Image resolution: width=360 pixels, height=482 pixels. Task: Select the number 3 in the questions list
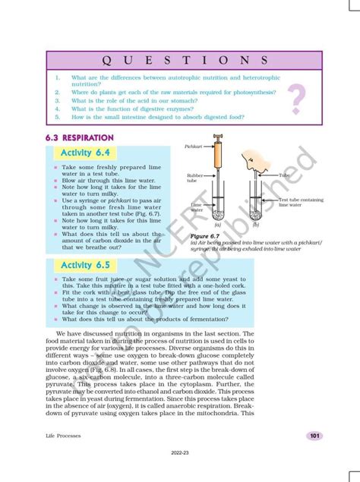(x=57, y=100)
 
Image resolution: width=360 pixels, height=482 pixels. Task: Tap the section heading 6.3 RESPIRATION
(x=80, y=138)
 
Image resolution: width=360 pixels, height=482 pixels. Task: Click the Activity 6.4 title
(x=86, y=153)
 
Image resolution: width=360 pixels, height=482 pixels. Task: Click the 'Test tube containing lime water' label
(x=301, y=202)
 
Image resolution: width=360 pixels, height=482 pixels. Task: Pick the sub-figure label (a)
(x=216, y=225)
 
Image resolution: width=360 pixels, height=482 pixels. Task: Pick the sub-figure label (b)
(x=255, y=225)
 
